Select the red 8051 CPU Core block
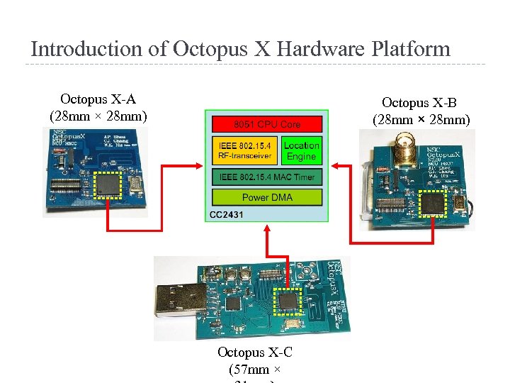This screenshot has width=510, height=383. click(267, 124)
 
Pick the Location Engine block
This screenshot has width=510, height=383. click(302, 150)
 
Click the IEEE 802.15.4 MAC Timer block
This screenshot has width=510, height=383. click(267, 177)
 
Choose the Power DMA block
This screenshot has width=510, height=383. click(267, 197)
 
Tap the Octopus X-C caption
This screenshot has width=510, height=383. click(255, 352)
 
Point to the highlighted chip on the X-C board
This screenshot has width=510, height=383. click(288, 301)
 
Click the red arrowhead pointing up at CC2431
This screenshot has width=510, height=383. click(267, 228)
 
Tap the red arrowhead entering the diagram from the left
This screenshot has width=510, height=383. click(200, 167)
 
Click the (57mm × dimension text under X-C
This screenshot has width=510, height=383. click(255, 369)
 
